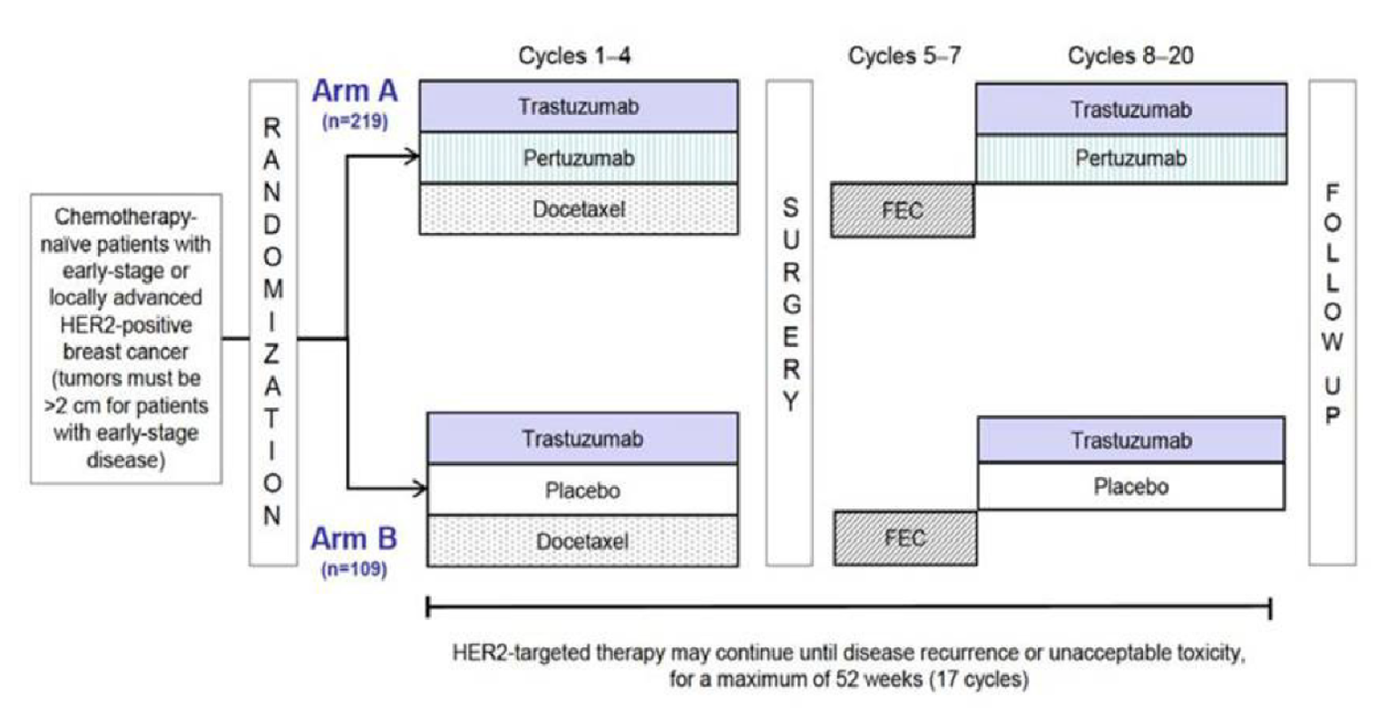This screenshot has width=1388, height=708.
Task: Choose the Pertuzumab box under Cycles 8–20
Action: [1130, 158]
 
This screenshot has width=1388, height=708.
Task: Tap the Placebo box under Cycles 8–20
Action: [1130, 486]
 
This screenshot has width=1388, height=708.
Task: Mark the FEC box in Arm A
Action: [904, 210]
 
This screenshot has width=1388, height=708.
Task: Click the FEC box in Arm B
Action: [904, 538]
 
